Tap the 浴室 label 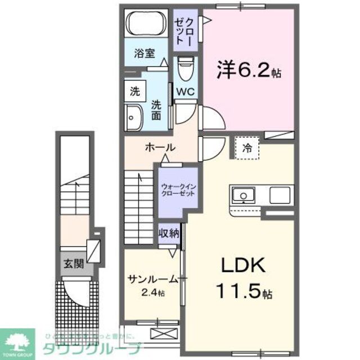click(144, 54)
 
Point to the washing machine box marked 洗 click(135, 92)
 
